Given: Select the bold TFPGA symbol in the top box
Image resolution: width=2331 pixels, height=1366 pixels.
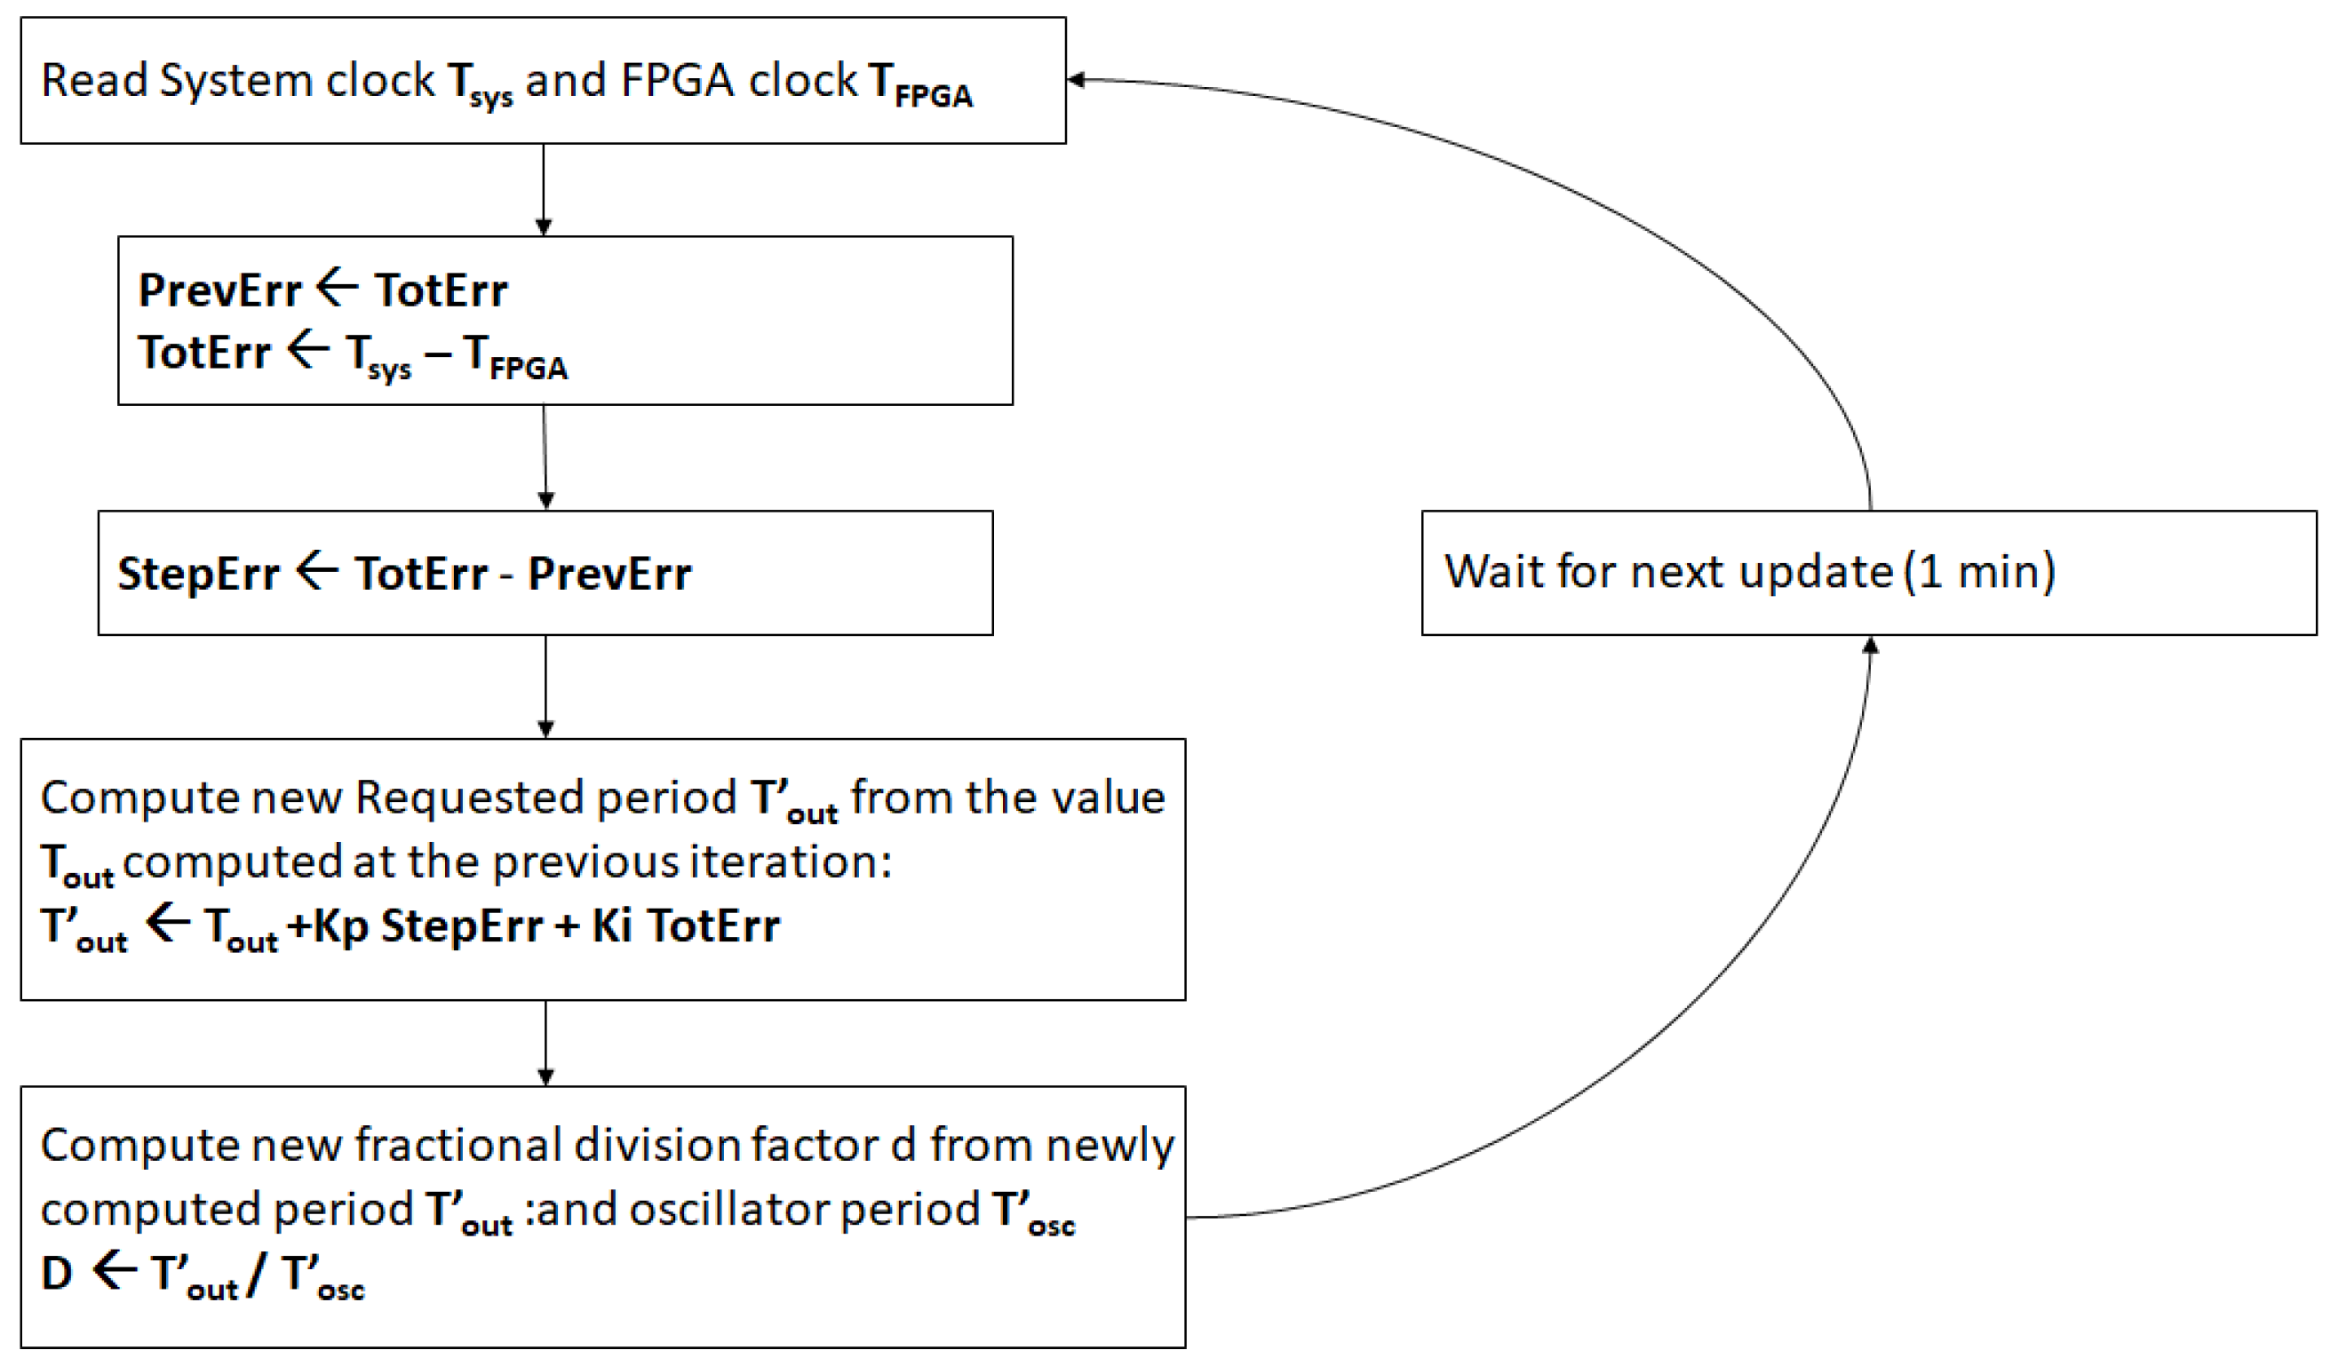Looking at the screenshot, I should pyautogui.click(x=920, y=85).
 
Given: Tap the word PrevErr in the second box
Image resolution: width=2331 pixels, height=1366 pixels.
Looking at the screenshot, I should pyautogui.click(x=219, y=291).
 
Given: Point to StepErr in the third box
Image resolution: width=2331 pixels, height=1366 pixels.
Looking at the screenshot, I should pyautogui.click(x=198, y=575).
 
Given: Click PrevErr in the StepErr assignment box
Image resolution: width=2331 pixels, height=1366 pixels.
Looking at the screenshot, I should pyautogui.click(x=609, y=575).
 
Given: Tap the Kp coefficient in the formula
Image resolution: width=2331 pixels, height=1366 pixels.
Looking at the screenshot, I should pyautogui.click(x=340, y=925).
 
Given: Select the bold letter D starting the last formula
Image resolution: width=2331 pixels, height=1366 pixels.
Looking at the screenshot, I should pyautogui.click(x=58, y=1274).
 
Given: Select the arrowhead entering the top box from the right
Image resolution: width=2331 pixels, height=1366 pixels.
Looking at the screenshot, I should pyautogui.click(x=1077, y=81).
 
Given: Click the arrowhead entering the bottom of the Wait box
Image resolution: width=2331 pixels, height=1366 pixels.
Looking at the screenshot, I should pyautogui.click(x=1870, y=645).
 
